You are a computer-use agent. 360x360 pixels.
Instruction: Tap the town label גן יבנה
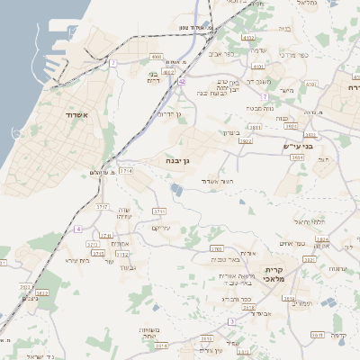183,160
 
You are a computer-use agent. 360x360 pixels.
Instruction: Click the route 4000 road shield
156,56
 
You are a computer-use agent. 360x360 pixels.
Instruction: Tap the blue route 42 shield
183,80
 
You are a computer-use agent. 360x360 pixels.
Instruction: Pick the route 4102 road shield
249,38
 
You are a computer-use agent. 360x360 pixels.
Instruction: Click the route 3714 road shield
126,170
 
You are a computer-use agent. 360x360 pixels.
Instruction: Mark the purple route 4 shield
78,229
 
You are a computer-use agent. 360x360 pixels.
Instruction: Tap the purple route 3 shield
231,321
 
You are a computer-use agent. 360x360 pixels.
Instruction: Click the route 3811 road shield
256,128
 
